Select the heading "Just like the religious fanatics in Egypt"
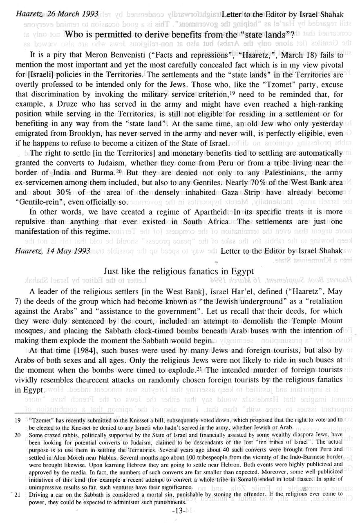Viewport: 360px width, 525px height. (179, 271)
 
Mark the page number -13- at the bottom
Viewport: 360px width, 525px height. (179, 512)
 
